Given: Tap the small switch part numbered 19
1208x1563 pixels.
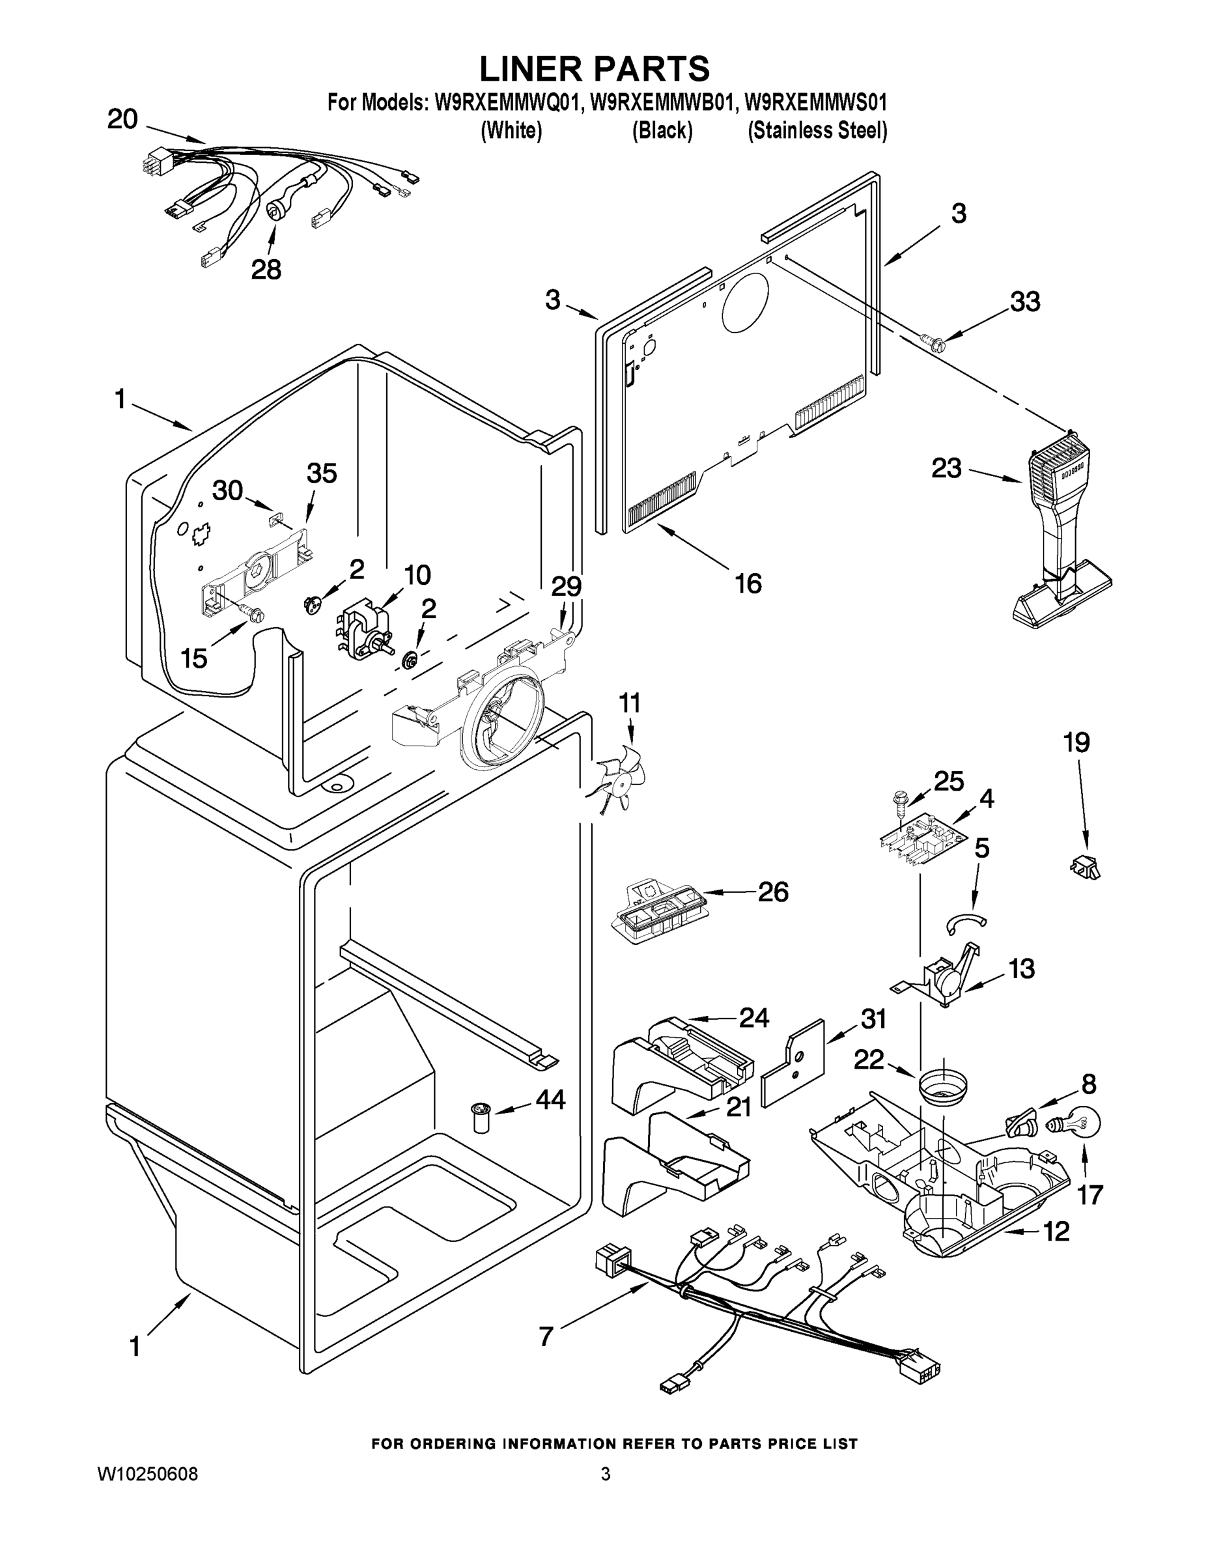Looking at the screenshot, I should point(1085,867).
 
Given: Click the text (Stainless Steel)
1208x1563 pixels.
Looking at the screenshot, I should point(817,131).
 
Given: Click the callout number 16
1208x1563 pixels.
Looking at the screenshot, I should point(748,584).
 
